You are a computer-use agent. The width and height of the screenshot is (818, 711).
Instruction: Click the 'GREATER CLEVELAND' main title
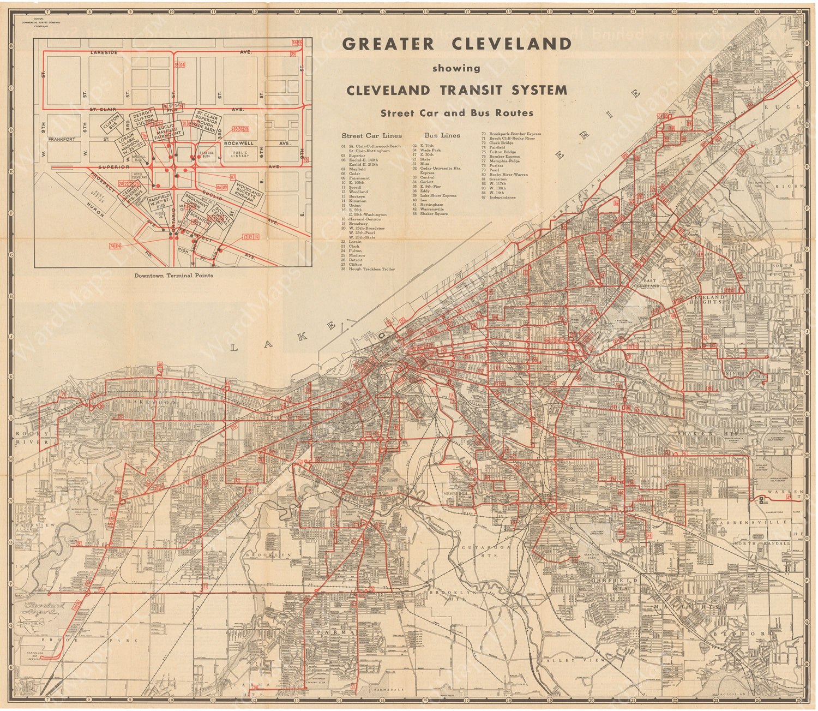[x=456, y=44]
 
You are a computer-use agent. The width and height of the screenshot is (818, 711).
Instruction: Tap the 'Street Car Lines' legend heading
[x=371, y=135]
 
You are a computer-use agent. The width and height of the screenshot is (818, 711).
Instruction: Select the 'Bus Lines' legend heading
[x=442, y=135]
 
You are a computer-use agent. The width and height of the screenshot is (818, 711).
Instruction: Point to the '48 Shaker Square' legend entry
[x=434, y=214]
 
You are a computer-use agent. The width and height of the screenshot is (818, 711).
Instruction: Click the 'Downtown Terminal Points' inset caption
[x=173, y=276]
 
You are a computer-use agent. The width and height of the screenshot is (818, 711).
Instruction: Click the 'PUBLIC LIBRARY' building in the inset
[x=240, y=154]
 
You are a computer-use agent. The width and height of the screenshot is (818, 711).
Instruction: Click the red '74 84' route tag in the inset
[x=115, y=247]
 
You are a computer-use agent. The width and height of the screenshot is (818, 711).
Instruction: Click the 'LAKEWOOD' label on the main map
[x=145, y=402]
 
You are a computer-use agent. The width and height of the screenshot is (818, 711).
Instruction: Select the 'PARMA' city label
[x=329, y=633]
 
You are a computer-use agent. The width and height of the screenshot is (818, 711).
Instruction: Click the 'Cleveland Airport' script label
[x=47, y=608]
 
